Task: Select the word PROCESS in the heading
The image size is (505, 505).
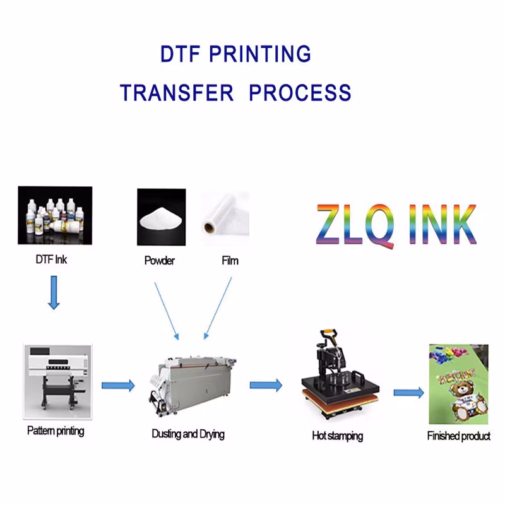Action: point(300,92)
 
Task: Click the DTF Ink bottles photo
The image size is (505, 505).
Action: point(55,215)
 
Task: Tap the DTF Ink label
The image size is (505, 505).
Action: point(50,259)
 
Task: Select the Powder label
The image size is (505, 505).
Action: point(159,261)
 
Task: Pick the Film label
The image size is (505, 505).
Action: point(230,261)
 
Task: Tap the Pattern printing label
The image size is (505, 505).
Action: point(56,431)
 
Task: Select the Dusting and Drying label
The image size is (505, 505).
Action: point(188,434)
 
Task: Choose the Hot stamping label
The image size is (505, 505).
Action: point(337,436)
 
